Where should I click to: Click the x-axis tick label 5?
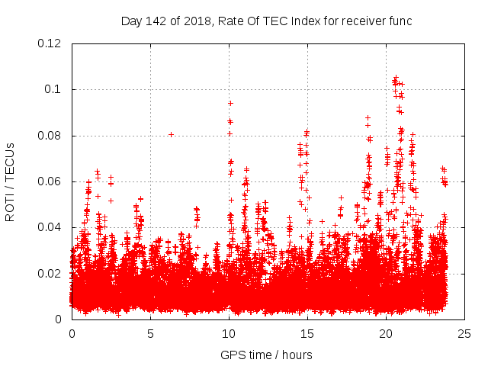click(150, 333)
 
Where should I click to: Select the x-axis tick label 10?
click(229, 333)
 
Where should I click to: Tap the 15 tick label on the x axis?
click(307, 333)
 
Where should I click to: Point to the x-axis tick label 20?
click(386, 333)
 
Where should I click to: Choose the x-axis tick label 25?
click(464, 333)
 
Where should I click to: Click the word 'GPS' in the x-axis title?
click(232, 355)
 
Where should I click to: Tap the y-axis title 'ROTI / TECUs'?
click(10, 181)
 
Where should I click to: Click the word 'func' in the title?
click(400, 21)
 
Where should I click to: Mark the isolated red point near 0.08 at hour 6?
click(171, 134)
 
